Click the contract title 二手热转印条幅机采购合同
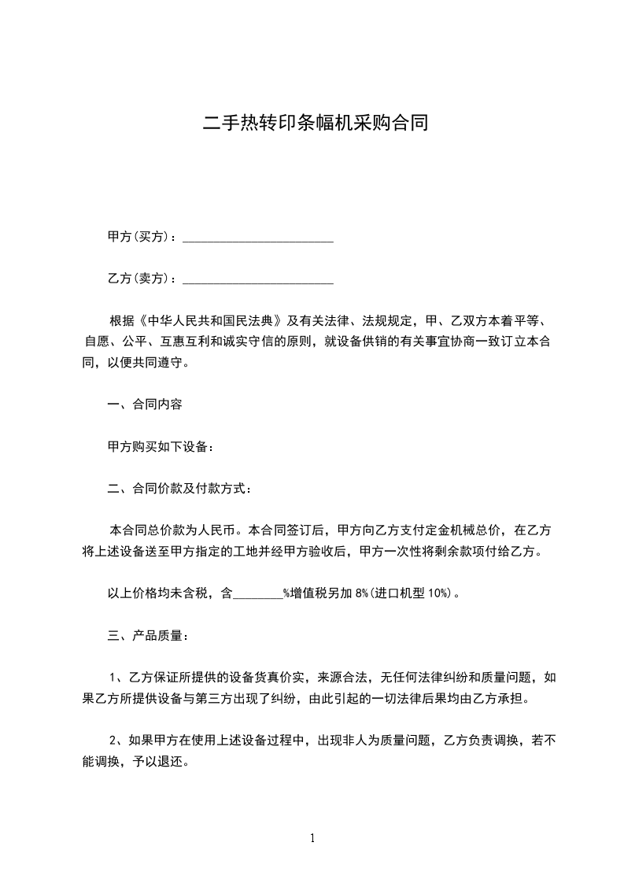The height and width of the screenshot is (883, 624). (315, 124)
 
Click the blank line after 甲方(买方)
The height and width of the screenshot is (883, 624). (258, 237)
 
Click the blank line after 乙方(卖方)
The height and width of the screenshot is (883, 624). (258, 279)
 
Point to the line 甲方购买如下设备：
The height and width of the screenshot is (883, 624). (160, 446)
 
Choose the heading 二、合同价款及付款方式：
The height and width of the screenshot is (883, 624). (179, 489)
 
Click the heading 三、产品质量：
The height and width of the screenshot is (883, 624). (147, 635)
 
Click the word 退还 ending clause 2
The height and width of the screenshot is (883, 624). (171, 761)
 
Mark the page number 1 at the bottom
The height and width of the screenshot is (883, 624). (312, 839)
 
